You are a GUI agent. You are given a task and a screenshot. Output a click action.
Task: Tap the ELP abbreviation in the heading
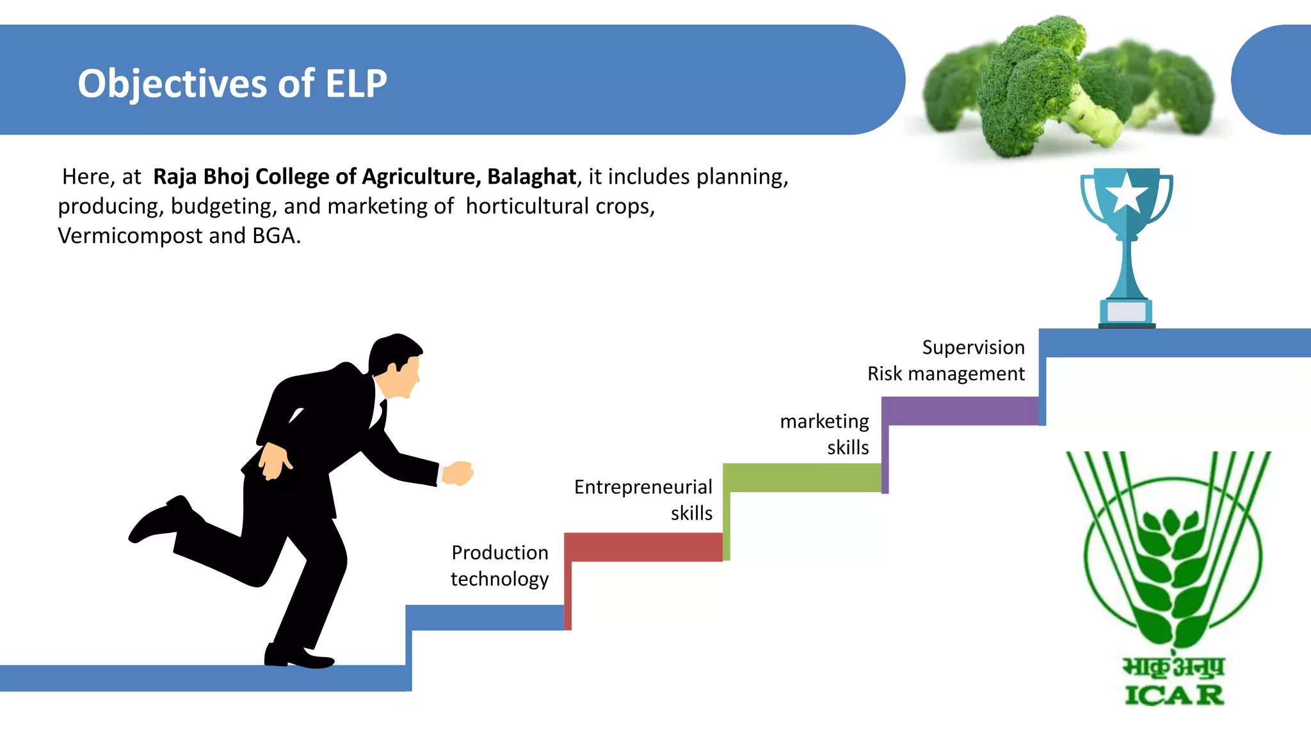pos(356,84)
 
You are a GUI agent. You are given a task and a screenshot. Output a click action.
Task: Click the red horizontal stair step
pos(643,547)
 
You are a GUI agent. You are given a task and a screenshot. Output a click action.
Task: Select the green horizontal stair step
pos(801,478)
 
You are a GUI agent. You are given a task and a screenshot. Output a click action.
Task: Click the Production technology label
pos(499,566)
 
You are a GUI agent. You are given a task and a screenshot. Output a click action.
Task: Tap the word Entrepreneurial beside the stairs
pos(643,487)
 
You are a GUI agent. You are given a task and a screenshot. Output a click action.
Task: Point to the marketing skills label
pos(824,434)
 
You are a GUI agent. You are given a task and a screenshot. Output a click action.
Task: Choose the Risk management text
pos(945,374)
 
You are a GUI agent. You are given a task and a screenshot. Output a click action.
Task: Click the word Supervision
pos(973,347)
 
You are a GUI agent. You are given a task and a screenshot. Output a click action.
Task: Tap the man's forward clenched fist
pos(458,473)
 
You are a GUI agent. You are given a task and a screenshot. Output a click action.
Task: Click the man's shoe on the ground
pos(298,656)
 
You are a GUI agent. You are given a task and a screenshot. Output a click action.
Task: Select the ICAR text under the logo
pos(1174,695)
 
